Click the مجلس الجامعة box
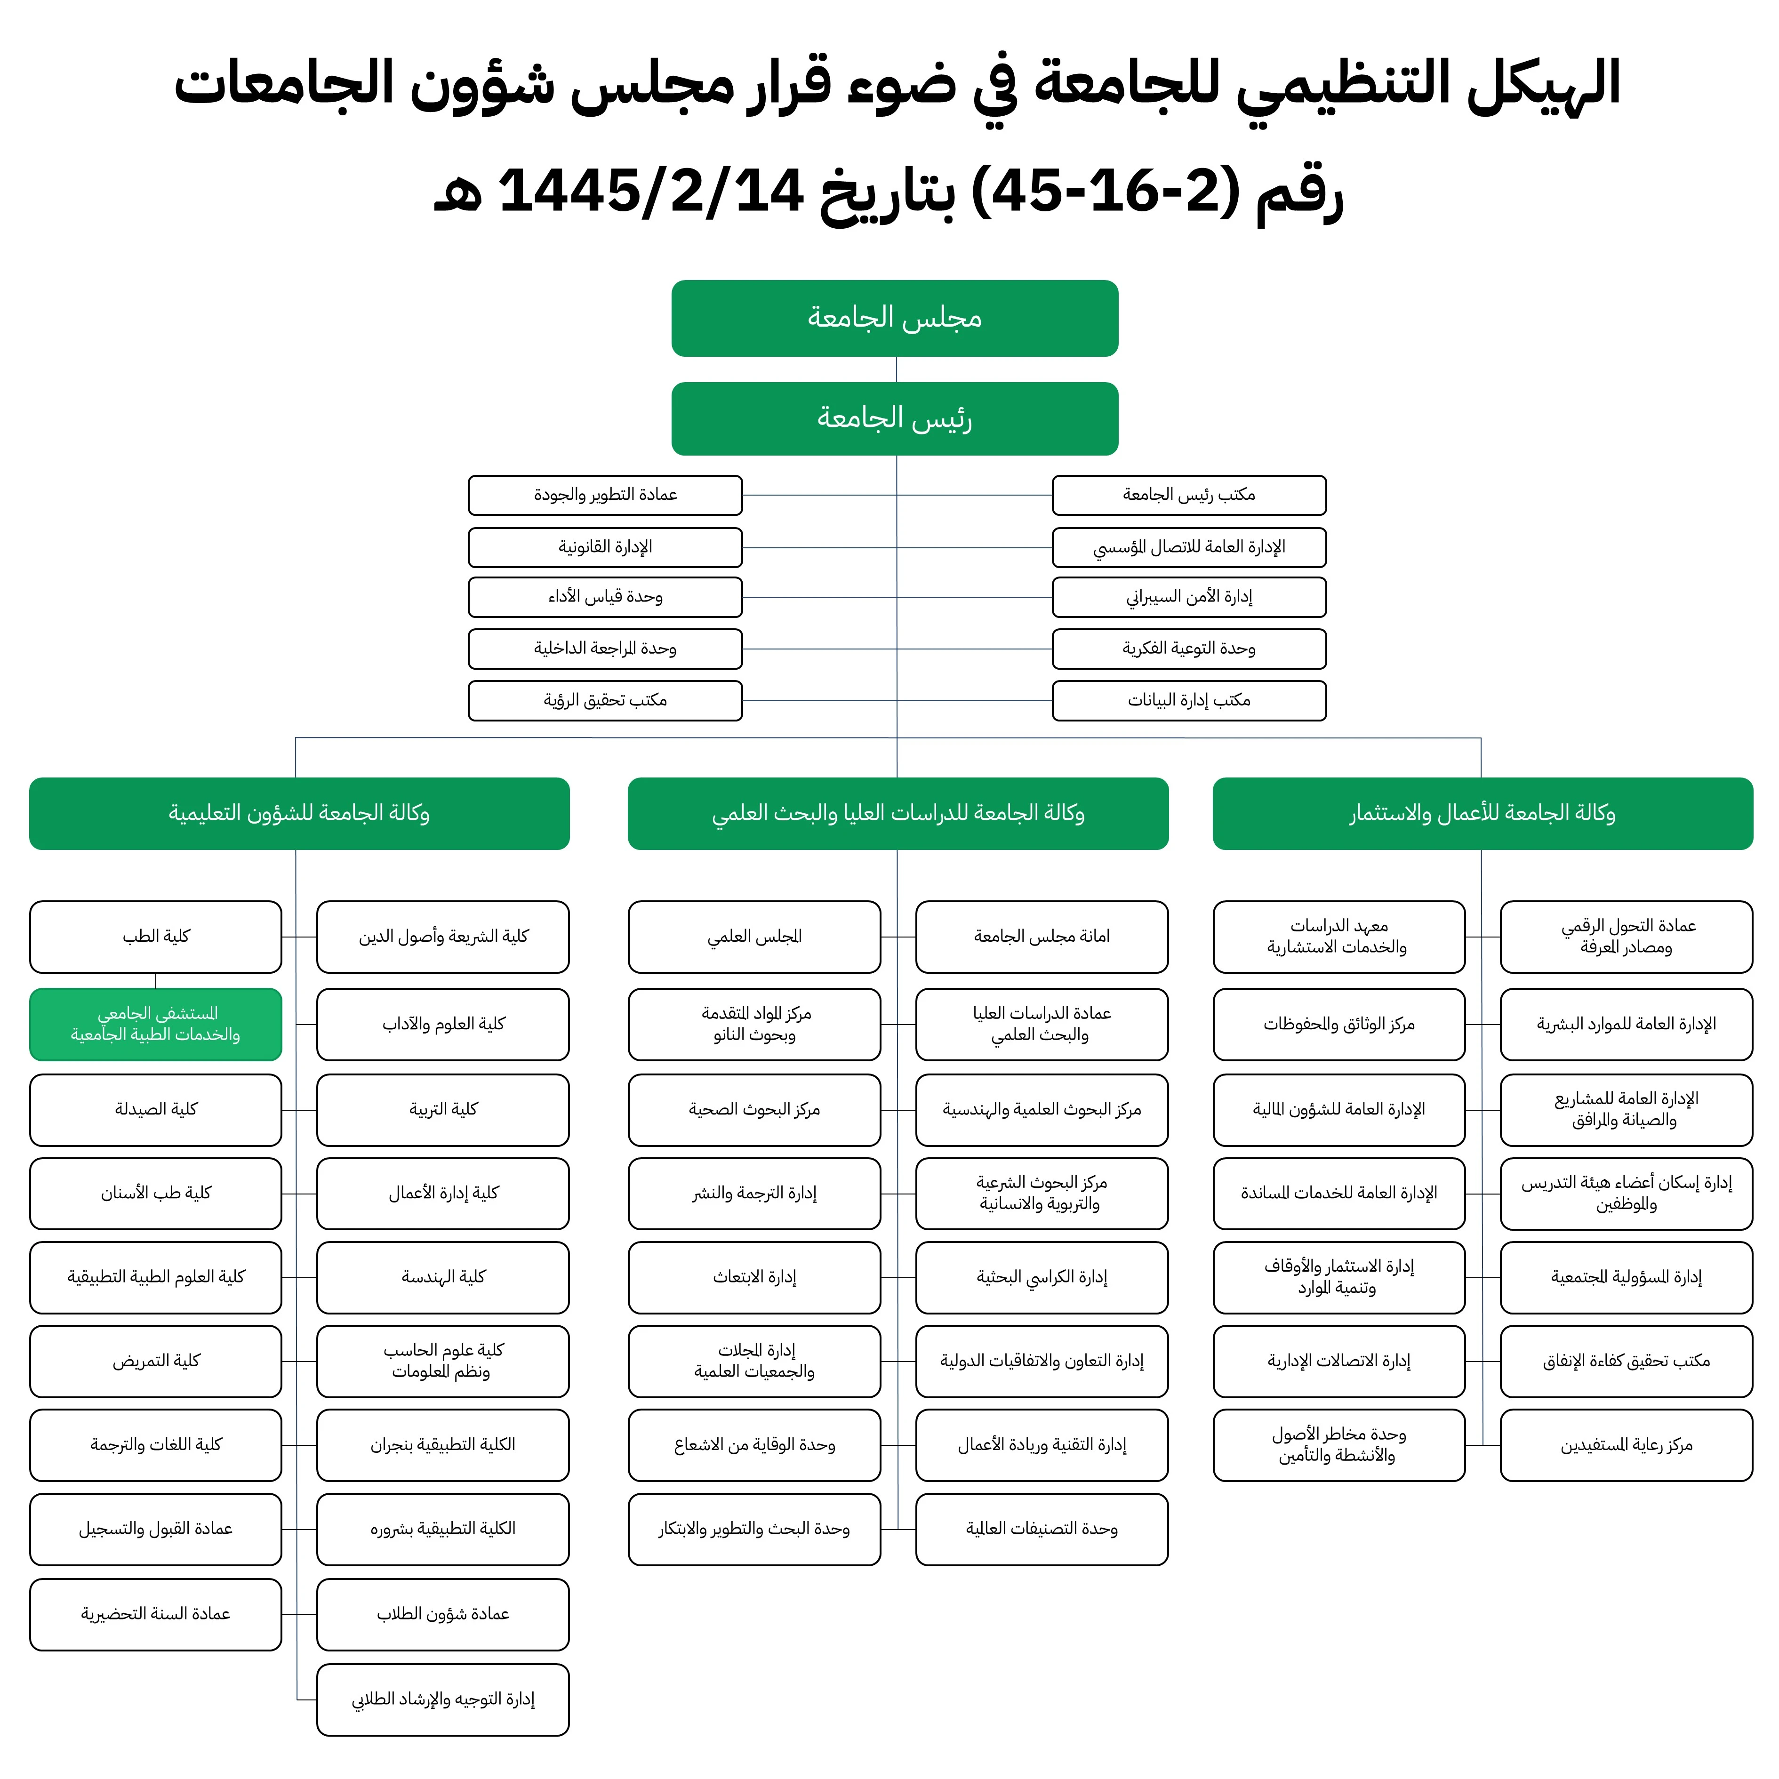(894, 318)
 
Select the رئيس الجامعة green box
(894, 418)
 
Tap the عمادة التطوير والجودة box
(605, 495)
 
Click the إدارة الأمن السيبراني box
(1189, 597)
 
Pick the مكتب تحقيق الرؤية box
(605, 700)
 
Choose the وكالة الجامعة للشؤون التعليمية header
(299, 813)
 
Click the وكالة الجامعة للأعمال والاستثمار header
(1482, 813)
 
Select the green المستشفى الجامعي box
(156, 1024)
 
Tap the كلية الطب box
(156, 937)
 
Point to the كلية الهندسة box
(443, 1277)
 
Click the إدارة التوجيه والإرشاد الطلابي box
(443, 1699)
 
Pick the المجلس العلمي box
(754, 937)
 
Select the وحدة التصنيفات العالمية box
(1042, 1529)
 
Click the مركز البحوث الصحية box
(754, 1110)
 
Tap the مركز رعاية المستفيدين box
(1626, 1445)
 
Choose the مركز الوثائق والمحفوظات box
(1339, 1024)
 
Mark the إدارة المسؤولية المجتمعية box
(1626, 1277)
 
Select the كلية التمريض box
(156, 1361)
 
